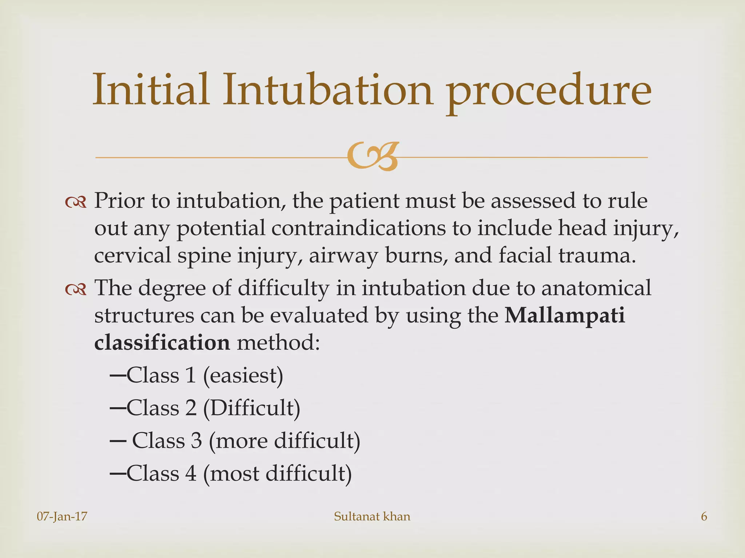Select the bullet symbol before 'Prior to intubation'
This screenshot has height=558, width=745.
pos(76,202)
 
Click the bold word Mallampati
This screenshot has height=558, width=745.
pos(565,315)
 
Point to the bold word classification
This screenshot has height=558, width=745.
pos(162,342)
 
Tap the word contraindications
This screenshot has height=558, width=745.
pos(358,229)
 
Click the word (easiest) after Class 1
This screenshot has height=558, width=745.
pos(243,375)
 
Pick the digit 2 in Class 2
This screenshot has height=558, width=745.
pos(191,408)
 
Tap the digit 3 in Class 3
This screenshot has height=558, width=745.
pos(196,441)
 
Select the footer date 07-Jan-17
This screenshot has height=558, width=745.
pos(62,517)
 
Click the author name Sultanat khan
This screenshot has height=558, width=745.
pos(372,517)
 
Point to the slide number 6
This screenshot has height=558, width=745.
pos(704,517)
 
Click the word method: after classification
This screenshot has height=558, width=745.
pos(278,342)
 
